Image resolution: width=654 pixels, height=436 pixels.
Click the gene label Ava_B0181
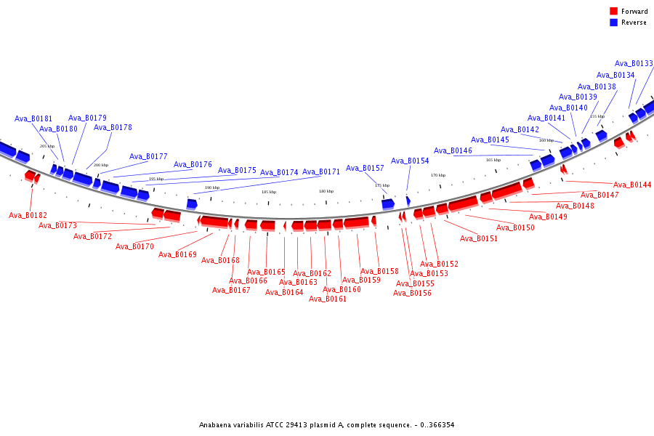click(x=33, y=118)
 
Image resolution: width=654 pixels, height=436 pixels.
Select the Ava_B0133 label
click(x=634, y=63)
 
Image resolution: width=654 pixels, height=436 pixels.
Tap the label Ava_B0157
click(x=365, y=168)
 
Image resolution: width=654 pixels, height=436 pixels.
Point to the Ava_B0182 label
click(x=28, y=215)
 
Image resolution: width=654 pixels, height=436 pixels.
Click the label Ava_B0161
click(x=328, y=299)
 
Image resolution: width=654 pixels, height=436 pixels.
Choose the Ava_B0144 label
click(x=632, y=185)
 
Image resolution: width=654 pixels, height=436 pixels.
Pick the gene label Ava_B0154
click(x=410, y=161)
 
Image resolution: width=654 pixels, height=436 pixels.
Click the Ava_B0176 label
click(x=193, y=164)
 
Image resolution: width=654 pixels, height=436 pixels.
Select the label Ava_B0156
click(x=412, y=293)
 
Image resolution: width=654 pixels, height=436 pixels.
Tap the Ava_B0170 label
click(x=134, y=246)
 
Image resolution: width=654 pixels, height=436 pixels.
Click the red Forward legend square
click(x=614, y=11)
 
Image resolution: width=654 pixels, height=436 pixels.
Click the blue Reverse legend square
click(x=614, y=23)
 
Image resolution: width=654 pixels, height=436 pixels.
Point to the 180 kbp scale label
click(x=326, y=191)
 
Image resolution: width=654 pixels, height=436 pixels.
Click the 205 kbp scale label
click(x=47, y=146)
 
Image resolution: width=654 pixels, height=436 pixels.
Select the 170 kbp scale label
click(x=438, y=175)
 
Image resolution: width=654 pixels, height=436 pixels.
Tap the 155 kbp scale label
click(x=597, y=116)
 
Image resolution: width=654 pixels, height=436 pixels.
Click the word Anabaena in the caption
click(x=216, y=424)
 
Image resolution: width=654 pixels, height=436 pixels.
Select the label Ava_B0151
click(x=479, y=238)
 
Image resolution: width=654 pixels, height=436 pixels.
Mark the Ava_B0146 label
click(x=453, y=150)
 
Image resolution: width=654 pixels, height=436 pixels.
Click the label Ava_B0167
click(x=231, y=290)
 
